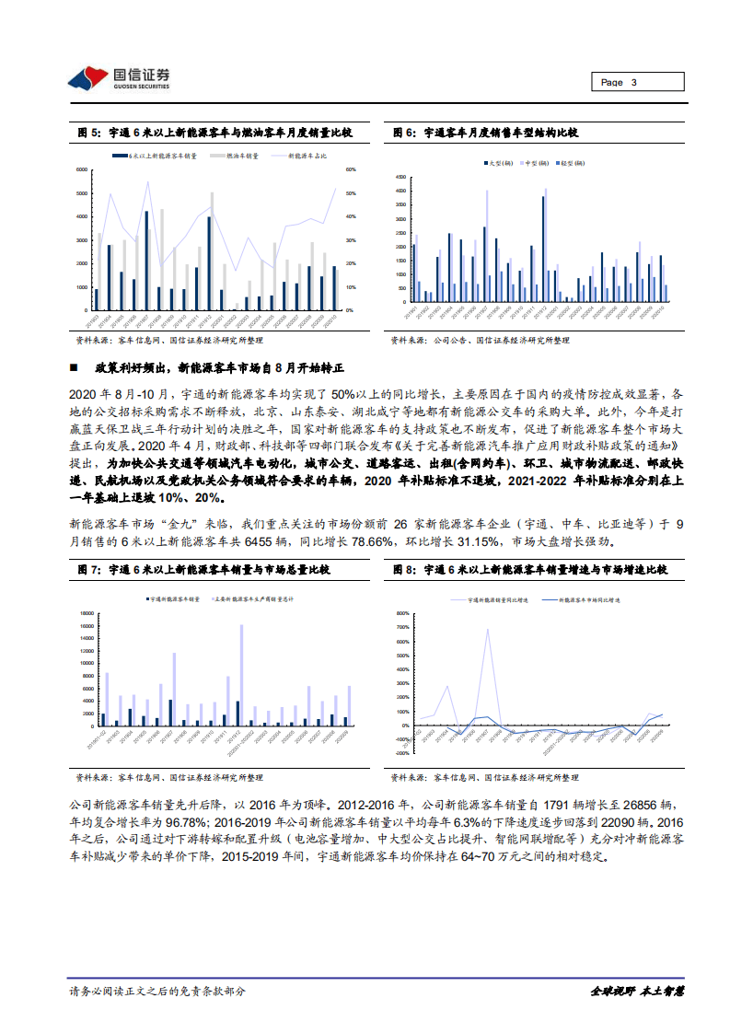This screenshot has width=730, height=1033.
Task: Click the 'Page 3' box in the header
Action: click(638, 82)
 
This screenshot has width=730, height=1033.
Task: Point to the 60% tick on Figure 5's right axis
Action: click(351, 170)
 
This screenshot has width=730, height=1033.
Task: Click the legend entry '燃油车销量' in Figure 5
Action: click(242, 157)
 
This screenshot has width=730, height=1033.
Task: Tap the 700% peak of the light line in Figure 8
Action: click(487, 630)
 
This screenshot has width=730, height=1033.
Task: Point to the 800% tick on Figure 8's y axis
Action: click(400, 612)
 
